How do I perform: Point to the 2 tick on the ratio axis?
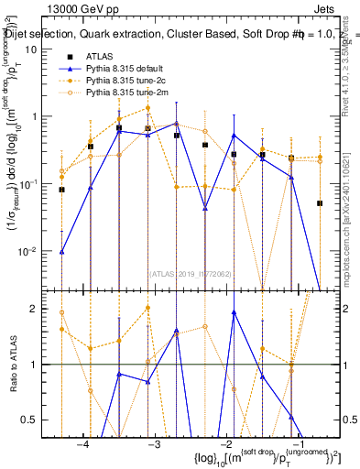coord(43,309)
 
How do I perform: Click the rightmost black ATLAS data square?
coord(320,203)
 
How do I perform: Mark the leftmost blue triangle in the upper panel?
coord(62,251)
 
